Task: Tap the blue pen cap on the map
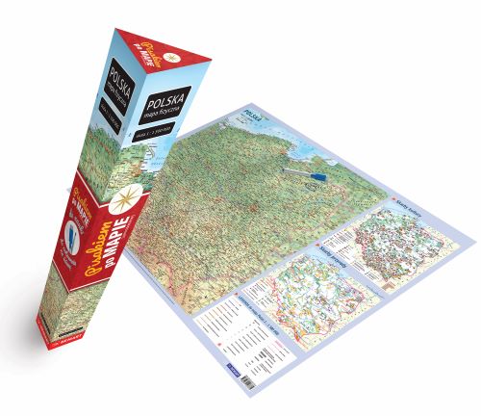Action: (323, 179)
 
